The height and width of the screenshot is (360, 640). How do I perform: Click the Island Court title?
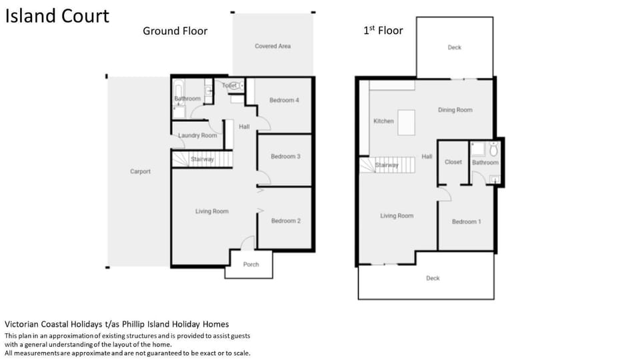point(57,16)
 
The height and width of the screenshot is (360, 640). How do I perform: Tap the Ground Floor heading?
point(175,31)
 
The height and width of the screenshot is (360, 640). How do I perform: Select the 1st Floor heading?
point(383,31)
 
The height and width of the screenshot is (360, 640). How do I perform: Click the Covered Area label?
point(273,46)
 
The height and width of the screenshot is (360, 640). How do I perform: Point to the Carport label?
point(141,171)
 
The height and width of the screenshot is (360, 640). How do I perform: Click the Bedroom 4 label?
point(284,100)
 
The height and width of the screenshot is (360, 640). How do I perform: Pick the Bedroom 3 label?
point(286,156)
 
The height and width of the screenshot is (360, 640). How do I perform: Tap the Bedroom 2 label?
point(286,221)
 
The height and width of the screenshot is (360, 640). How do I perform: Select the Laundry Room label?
point(197,135)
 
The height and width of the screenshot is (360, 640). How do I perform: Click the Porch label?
point(251,265)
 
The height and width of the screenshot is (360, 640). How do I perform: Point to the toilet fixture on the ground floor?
point(235,86)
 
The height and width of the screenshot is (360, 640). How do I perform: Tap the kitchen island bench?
point(407,123)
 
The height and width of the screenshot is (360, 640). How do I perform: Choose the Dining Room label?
point(455,110)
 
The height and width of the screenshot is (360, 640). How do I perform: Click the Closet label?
point(453,162)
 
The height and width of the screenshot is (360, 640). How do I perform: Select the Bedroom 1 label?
point(466,221)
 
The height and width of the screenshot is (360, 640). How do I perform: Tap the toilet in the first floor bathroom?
point(493,150)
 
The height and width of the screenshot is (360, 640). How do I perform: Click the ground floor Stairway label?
point(203,159)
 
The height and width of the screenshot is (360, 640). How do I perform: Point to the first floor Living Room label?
point(397,215)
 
